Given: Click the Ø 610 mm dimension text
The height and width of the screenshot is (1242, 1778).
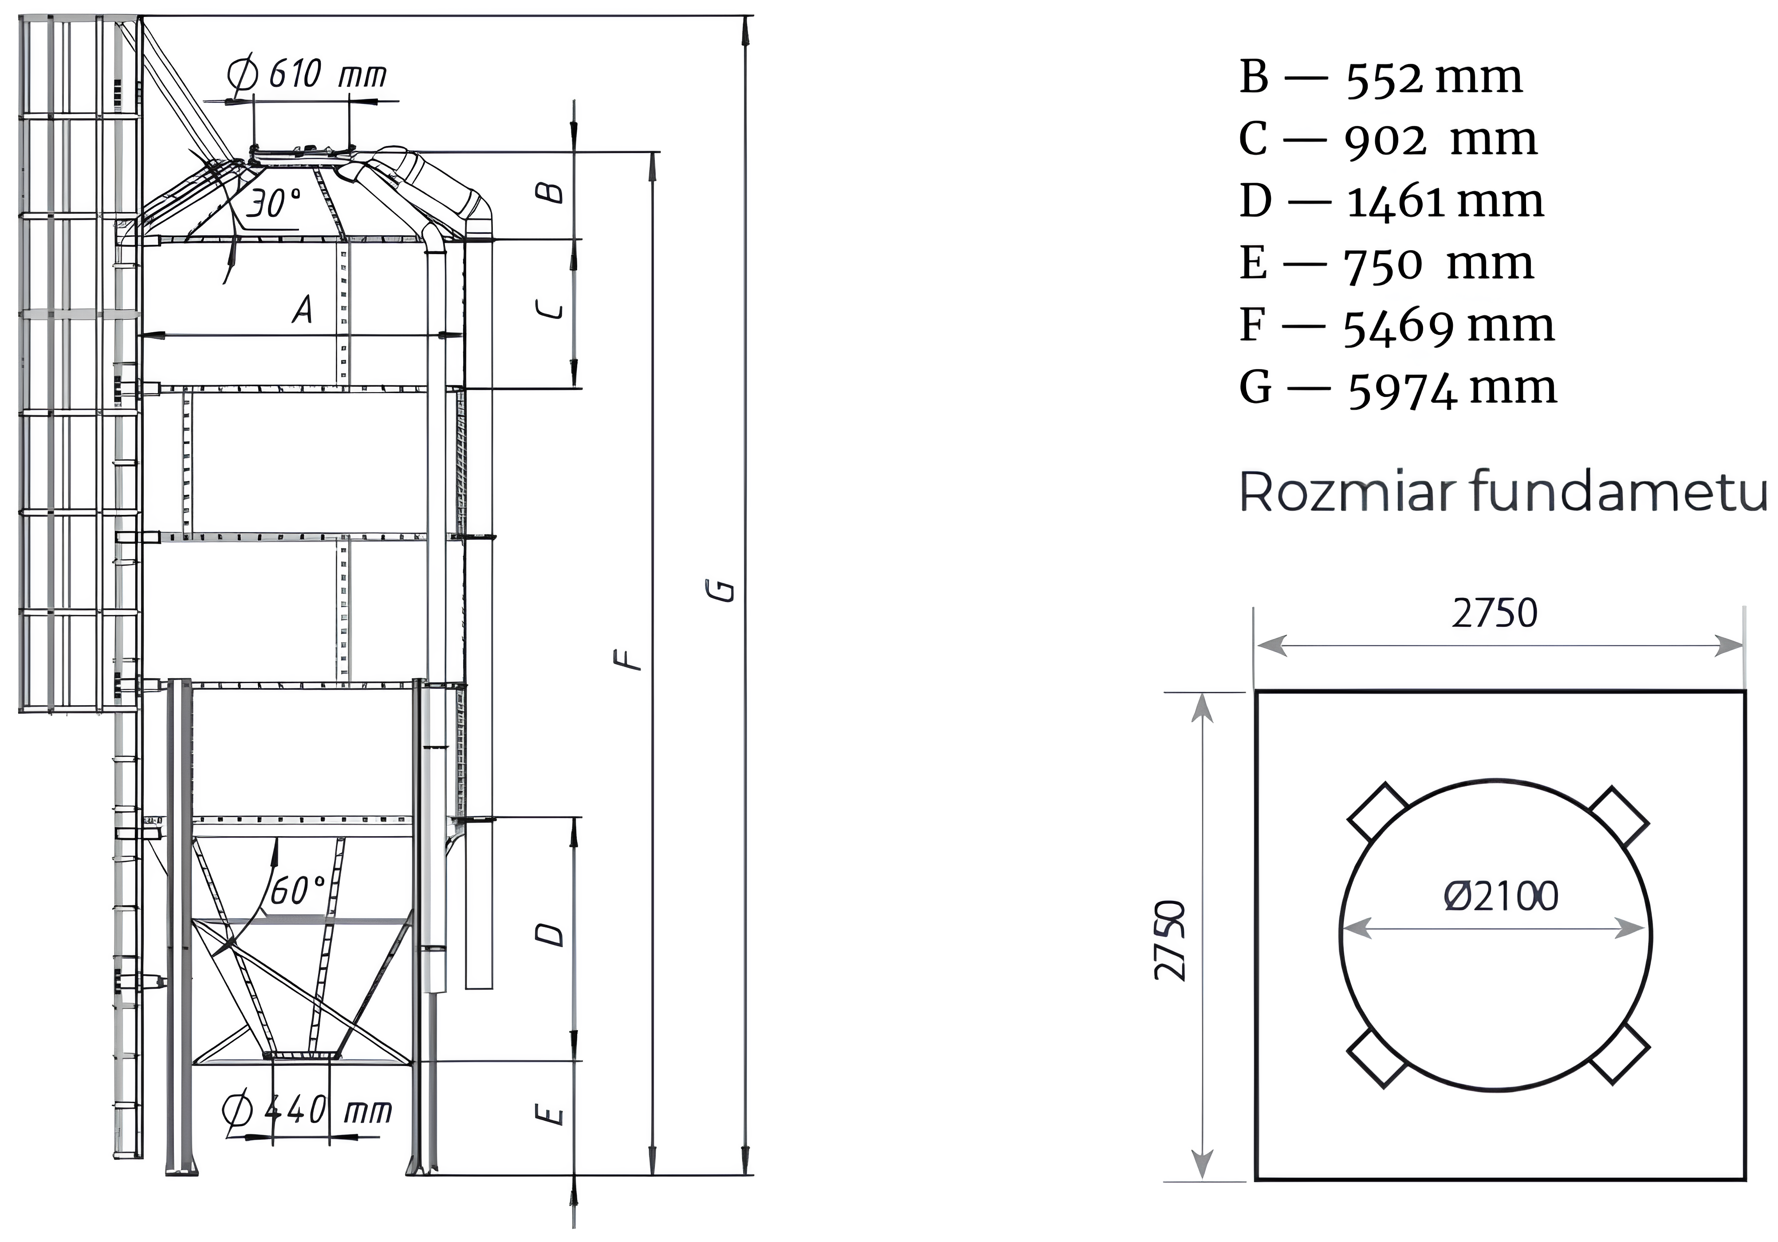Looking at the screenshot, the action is pyautogui.click(x=307, y=75).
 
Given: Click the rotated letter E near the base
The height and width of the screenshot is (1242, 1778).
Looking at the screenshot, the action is pyautogui.click(x=549, y=1115).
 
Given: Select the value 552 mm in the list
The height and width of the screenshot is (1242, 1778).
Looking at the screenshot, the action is pyautogui.click(x=1434, y=78).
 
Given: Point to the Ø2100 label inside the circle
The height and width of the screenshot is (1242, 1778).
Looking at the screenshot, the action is pyautogui.click(x=1501, y=896).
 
